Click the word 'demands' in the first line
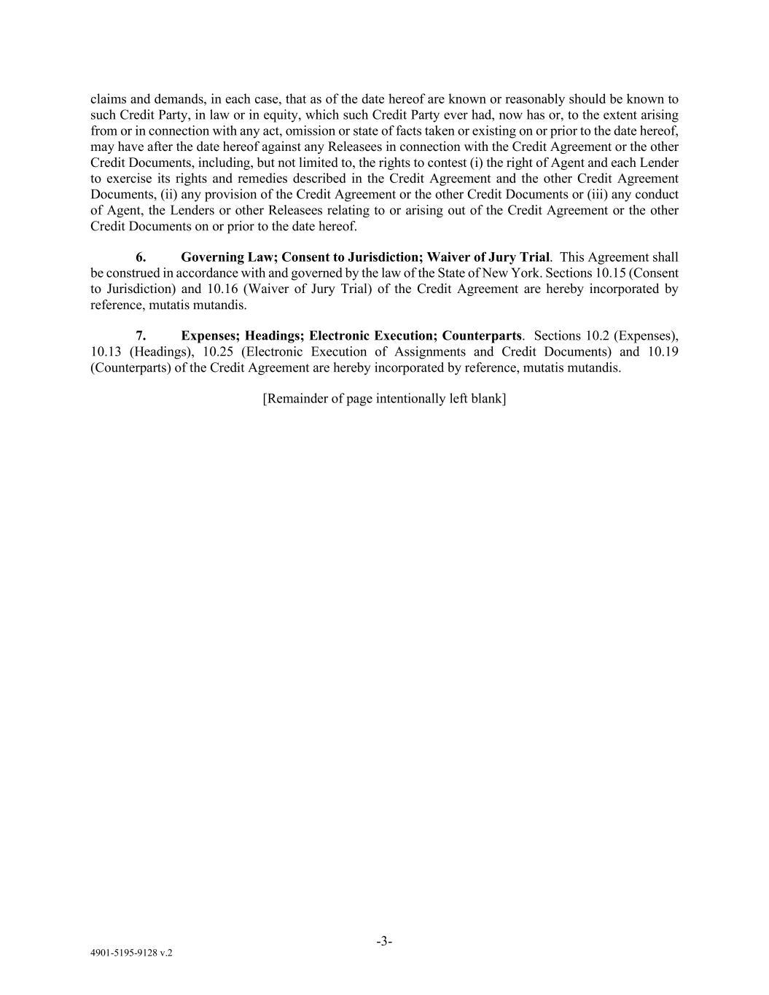point(174,99)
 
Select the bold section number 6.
point(141,257)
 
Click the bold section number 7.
point(141,336)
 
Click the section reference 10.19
point(663,352)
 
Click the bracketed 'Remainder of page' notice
point(384,399)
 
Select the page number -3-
point(384,941)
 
